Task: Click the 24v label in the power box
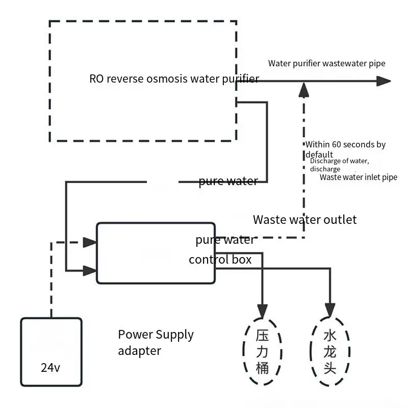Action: click(x=50, y=367)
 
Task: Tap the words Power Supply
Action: click(x=156, y=335)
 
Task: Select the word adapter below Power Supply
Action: click(x=139, y=351)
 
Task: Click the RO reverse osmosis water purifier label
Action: click(x=174, y=79)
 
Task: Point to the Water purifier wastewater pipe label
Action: click(x=326, y=63)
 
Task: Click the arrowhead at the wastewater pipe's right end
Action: click(x=384, y=81)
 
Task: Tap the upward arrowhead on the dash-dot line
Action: click(x=303, y=90)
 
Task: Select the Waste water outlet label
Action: click(x=304, y=220)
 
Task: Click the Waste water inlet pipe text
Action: click(x=359, y=177)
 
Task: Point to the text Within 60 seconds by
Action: click(x=345, y=144)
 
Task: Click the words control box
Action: click(x=220, y=260)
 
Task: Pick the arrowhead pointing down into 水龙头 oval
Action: click(x=330, y=311)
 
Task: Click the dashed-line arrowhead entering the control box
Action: click(x=90, y=242)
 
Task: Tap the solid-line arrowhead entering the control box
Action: click(x=90, y=271)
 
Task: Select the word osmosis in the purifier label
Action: click(x=167, y=79)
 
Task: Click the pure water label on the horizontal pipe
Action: click(x=228, y=181)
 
